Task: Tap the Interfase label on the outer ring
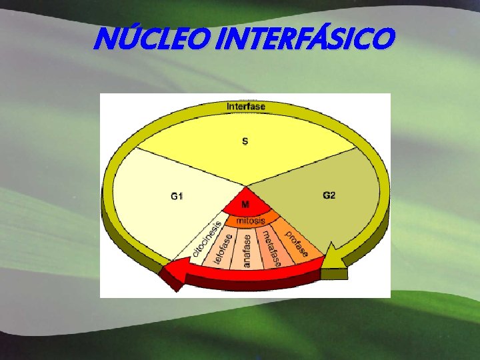pyautogui.click(x=245, y=106)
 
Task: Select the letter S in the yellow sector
pyautogui.click(x=245, y=141)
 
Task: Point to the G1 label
pyautogui.click(x=177, y=195)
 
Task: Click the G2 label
pyautogui.click(x=329, y=195)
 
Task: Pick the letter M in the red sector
pyautogui.click(x=245, y=205)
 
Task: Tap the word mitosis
pyautogui.click(x=250, y=220)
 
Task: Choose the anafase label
pyautogui.click(x=247, y=251)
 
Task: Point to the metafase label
pyautogui.click(x=270, y=247)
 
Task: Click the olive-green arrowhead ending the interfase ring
pyautogui.click(x=333, y=271)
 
